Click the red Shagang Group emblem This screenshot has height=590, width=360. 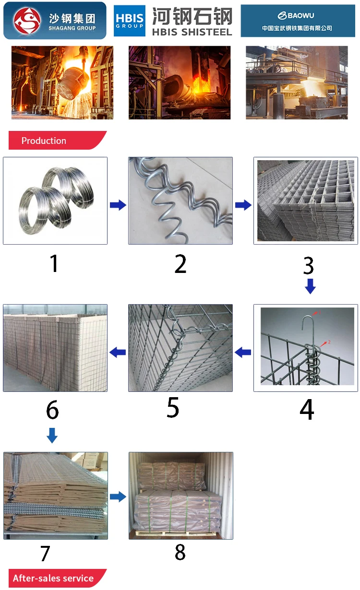coord(27,21)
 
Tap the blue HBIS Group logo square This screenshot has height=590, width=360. coord(130,21)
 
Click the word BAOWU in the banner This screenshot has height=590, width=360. coord(300,15)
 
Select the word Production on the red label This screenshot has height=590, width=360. coord(44,141)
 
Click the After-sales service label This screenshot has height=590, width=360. coord(53,578)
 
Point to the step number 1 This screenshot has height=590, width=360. coord(54,263)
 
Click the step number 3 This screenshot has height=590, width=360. coord(308,266)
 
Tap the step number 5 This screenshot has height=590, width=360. coord(173,407)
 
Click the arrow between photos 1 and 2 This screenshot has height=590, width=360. coord(118,205)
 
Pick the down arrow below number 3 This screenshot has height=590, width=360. coord(310,286)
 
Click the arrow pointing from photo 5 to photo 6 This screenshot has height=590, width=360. coord(118,352)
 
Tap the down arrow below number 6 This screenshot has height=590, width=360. coord(52,436)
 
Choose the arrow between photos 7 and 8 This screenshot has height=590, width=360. coord(118,497)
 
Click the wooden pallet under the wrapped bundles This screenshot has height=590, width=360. coord(176,533)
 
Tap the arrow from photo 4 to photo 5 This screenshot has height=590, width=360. coord(243,352)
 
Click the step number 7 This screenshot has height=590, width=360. coord(45,553)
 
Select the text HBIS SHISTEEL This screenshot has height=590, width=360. coord(192,32)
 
